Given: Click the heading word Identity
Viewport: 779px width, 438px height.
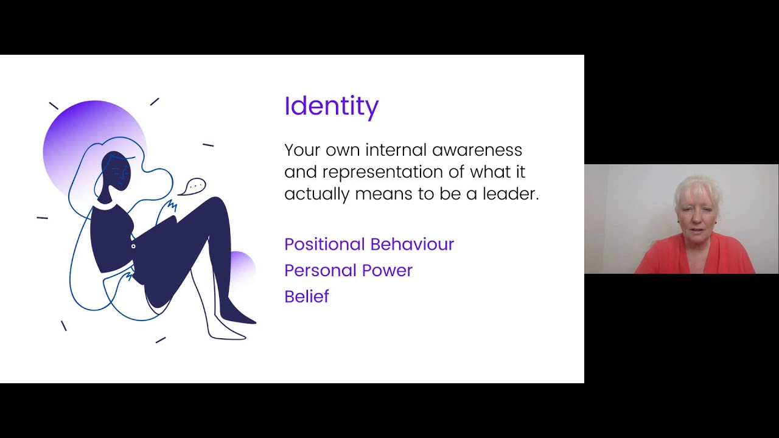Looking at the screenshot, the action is pos(332,106).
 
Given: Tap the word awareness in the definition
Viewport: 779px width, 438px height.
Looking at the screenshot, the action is pos(477,150).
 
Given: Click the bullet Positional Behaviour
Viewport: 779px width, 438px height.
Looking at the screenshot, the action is pos(369,244).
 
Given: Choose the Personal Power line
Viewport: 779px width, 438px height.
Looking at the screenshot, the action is pos(348,270).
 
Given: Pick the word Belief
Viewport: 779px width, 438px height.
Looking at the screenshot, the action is pos(307,296).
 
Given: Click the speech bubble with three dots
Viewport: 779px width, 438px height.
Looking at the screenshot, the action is pos(192,187).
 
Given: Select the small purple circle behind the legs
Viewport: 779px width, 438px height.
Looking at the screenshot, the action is pos(243,264).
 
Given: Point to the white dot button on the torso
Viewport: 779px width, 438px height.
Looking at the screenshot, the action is pos(133,246).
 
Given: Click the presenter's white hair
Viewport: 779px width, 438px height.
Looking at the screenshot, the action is pos(697,189).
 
